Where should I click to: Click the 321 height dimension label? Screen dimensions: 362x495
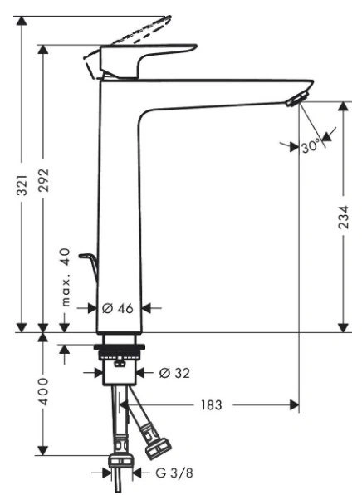(22, 184)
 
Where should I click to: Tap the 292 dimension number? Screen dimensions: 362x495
(43, 180)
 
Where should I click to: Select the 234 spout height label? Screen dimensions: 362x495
(343, 217)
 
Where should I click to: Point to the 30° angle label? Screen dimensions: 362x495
(311, 146)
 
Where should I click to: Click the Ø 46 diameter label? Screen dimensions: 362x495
(118, 308)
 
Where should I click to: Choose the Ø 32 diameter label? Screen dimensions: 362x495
(174, 373)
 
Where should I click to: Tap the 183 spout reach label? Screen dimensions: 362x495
(211, 405)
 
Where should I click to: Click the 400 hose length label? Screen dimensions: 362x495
(43, 391)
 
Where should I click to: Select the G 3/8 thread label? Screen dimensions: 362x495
(174, 473)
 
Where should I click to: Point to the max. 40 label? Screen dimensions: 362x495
(66, 277)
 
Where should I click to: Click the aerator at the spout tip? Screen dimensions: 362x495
(297, 99)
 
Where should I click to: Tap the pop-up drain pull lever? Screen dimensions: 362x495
(89, 264)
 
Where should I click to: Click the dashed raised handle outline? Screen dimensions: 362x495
(139, 30)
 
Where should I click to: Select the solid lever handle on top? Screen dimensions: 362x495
(141, 61)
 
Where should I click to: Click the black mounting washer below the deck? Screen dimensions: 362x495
(120, 347)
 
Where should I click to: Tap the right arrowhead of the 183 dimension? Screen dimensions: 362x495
(294, 405)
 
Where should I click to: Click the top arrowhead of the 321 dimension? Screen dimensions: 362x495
(22, 21)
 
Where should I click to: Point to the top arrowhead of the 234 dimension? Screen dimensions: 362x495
(343, 106)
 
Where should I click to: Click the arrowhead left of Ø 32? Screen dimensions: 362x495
(99, 373)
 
